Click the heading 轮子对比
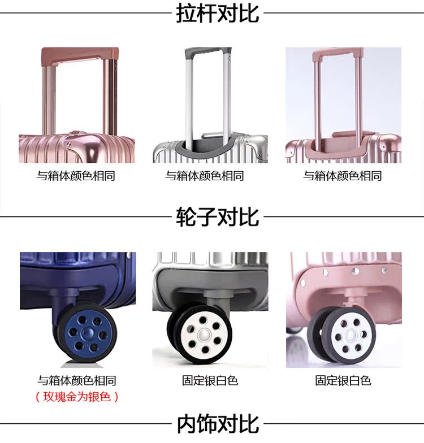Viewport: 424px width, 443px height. pos(218,216)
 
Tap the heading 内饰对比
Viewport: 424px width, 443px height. pos(218,424)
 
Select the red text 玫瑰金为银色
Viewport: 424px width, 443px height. pos(77,396)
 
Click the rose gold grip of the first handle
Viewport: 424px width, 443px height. pos(80,54)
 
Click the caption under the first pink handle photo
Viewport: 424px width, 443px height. pos(76,176)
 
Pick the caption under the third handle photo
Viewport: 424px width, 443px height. pos(343,176)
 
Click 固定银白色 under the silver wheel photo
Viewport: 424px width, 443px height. pos(210,380)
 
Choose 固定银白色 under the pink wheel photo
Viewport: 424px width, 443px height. pos(343,380)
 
